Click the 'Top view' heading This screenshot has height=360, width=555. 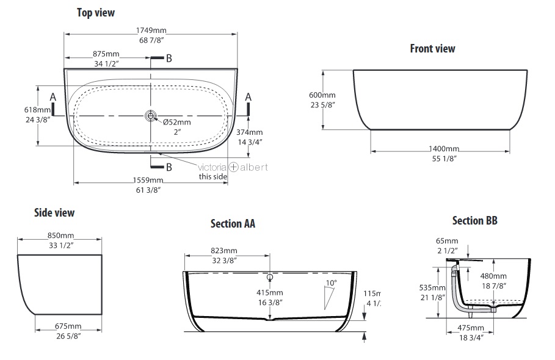click(96, 13)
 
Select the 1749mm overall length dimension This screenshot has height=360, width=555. click(151, 31)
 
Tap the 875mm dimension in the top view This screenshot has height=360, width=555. click(106, 54)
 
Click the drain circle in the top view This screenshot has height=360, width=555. click(151, 116)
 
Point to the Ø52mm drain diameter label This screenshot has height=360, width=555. click(177, 123)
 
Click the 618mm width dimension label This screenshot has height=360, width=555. click(37, 110)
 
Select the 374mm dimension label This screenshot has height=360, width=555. click(250, 132)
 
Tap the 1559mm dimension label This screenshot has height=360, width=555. click(148, 181)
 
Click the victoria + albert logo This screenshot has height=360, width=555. click(233, 167)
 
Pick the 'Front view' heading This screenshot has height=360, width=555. click(432, 48)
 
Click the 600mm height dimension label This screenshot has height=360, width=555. click(322, 95)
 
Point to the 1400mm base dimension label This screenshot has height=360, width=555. click(444, 149)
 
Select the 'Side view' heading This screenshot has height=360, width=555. click(54, 212)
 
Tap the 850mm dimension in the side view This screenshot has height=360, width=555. click(61, 236)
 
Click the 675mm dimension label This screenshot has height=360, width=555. click(68, 326)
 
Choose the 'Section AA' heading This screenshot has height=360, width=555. click(233, 223)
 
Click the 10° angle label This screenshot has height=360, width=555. click(332, 283)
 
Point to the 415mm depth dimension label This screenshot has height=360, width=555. click(270, 293)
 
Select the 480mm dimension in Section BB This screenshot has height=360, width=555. click(493, 276)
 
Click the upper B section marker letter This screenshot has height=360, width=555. click(169, 59)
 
